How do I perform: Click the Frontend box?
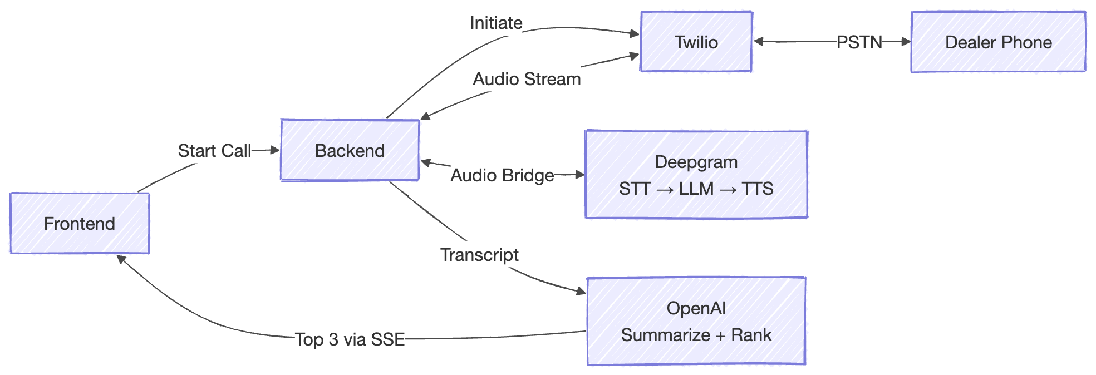(x=80, y=224)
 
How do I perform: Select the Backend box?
(x=350, y=151)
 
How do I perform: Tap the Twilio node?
(x=696, y=42)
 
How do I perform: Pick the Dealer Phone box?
(x=998, y=42)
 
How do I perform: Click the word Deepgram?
(x=696, y=162)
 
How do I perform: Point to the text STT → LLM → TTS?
(x=696, y=189)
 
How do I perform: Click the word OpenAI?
(x=696, y=308)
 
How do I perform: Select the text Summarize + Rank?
(x=696, y=335)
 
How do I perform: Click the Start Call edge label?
(x=214, y=151)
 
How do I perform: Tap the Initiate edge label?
(x=496, y=23)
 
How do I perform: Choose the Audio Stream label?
(x=527, y=79)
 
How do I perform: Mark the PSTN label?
(x=859, y=42)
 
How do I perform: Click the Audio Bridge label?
(x=502, y=175)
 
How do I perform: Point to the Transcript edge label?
(x=479, y=255)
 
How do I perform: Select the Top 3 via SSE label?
(x=350, y=339)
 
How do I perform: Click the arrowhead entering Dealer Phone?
(x=906, y=41)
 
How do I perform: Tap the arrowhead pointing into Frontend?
(x=121, y=259)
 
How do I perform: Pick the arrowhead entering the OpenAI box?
(x=581, y=291)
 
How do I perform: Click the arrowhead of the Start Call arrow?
(x=274, y=150)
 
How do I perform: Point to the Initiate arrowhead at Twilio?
(x=634, y=34)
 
